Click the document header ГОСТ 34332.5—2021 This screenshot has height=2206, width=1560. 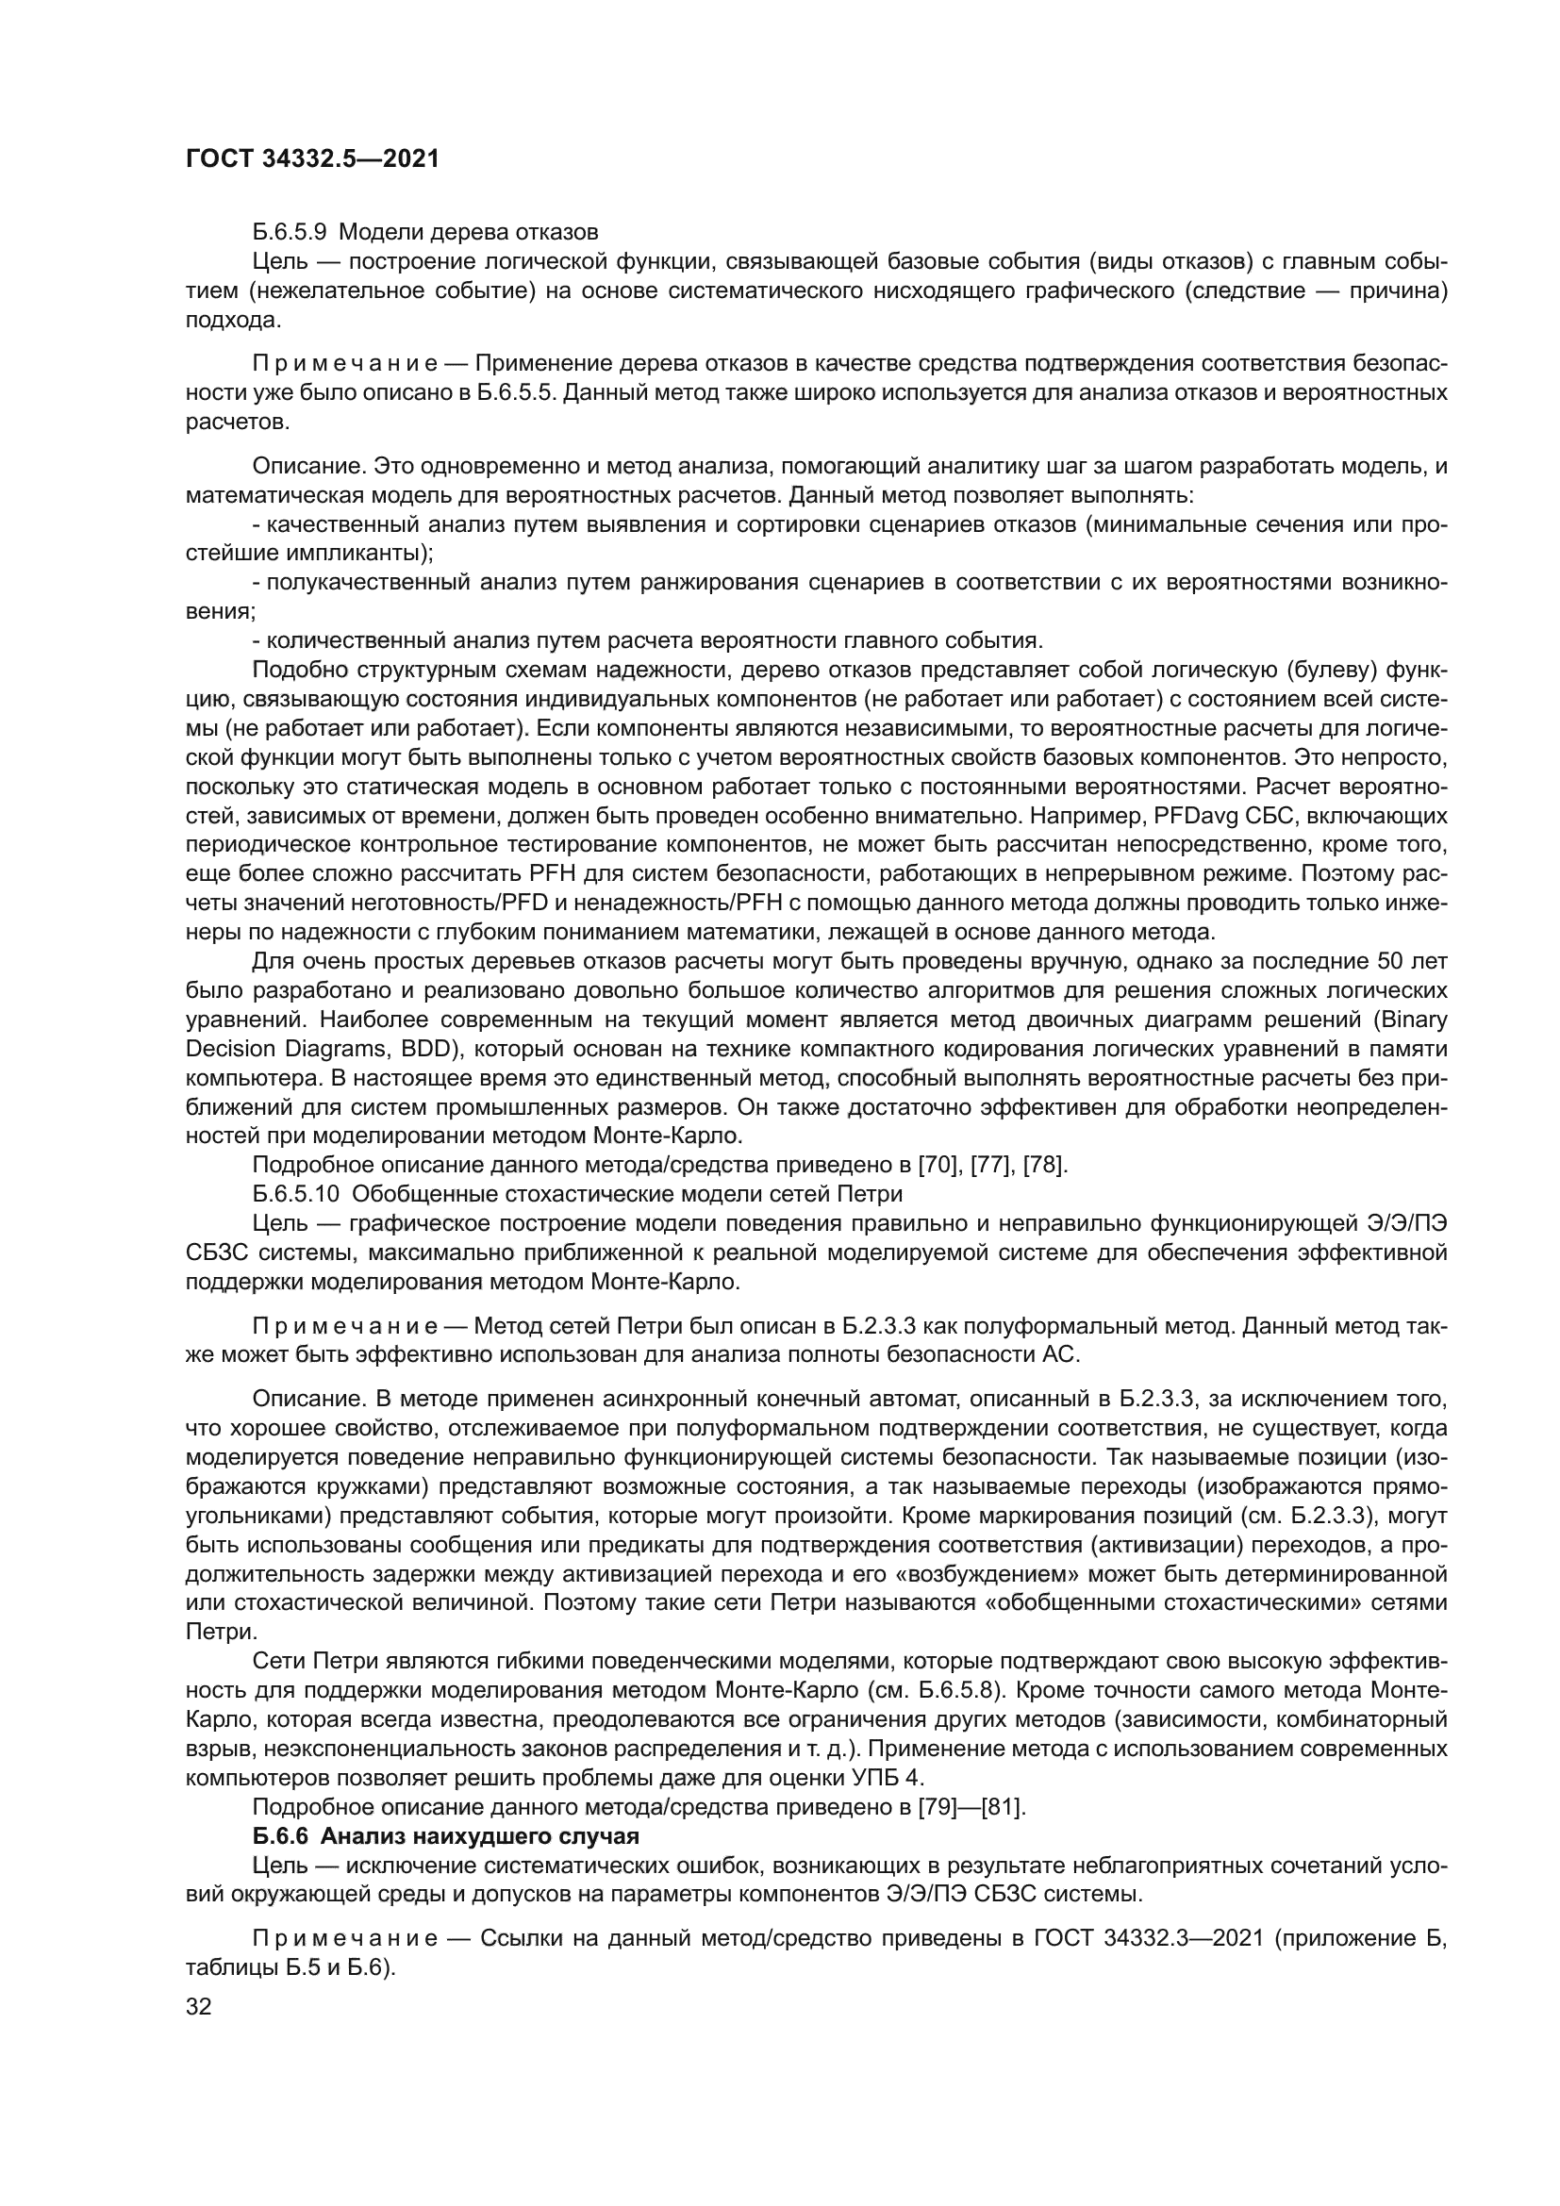[x=312, y=159]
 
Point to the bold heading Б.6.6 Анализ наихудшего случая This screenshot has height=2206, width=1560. [x=446, y=1836]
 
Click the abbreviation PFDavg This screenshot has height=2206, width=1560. [x=1189, y=817]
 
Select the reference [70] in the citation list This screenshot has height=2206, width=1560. [x=939, y=1166]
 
